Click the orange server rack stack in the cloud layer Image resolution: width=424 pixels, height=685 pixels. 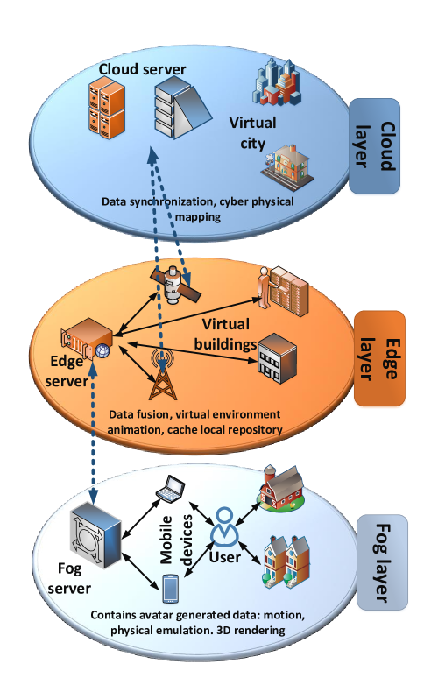click(107, 107)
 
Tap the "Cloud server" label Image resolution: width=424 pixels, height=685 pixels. click(142, 69)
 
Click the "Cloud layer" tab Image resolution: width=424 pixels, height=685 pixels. click(374, 146)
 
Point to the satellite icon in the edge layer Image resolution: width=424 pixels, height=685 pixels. click(176, 285)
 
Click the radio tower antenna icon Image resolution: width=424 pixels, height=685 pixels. click(163, 375)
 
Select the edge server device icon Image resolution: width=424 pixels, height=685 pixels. click(86, 339)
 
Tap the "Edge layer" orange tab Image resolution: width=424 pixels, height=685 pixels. click(379, 358)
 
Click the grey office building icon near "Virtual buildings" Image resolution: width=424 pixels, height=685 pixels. click(277, 358)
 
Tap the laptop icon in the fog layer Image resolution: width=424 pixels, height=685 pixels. click(171, 489)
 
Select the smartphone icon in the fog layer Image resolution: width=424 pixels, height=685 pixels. click(171, 589)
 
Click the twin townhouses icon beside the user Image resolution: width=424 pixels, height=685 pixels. click(286, 562)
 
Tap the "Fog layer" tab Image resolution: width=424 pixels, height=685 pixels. click(382, 562)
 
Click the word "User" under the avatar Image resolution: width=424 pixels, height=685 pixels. click(224, 557)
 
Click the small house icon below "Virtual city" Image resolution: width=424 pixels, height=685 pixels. click(287, 168)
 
